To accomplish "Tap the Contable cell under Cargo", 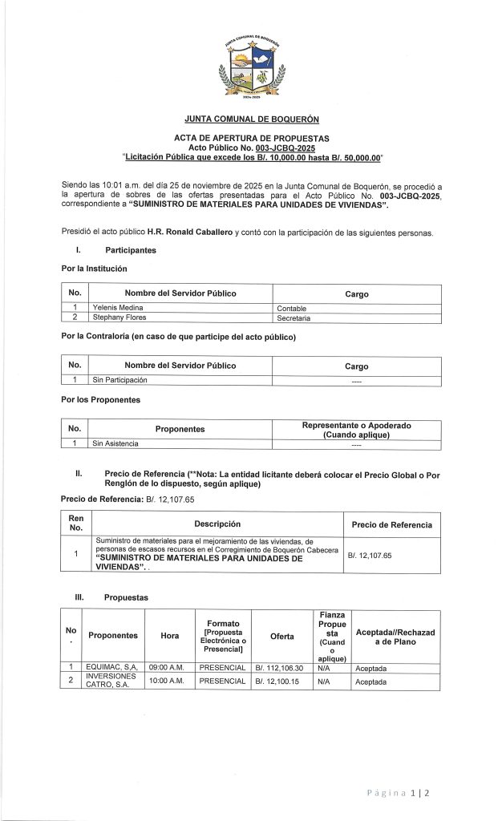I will (x=292, y=308).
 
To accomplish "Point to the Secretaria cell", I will (x=294, y=317).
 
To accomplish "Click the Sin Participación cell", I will (x=119, y=380).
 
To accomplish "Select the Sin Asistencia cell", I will (x=115, y=443).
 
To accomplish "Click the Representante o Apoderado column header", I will (x=356, y=429).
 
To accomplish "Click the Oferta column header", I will (x=281, y=636).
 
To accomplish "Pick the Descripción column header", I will (x=218, y=524).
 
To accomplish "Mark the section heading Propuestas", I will (x=125, y=597).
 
